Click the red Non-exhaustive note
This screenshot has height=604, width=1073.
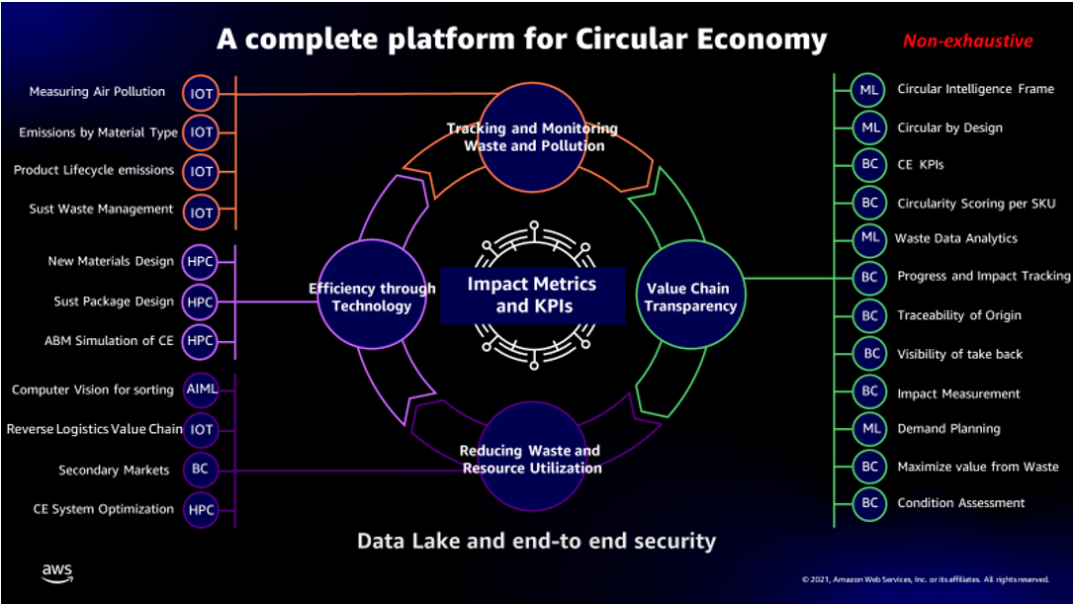967,42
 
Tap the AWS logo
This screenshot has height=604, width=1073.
57,572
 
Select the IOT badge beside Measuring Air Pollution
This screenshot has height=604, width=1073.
202,93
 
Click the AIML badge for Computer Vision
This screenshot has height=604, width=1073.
201,389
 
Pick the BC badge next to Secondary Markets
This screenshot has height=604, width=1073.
201,470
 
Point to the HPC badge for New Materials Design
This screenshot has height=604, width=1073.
201,262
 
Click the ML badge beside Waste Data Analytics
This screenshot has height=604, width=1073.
869,238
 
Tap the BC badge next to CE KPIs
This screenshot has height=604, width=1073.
869,164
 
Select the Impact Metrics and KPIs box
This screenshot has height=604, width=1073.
532,295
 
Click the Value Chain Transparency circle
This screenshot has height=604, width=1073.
691,297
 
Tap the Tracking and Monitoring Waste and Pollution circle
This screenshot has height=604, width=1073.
532,136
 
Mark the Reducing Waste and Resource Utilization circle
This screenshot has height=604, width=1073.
532,459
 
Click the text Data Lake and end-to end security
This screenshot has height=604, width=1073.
536,541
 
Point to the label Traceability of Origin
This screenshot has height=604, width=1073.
958,315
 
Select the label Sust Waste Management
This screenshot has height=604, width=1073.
101,210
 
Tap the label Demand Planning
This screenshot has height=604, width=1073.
948,429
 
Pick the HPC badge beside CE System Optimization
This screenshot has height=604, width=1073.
201,509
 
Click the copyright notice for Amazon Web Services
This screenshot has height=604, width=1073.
925,579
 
